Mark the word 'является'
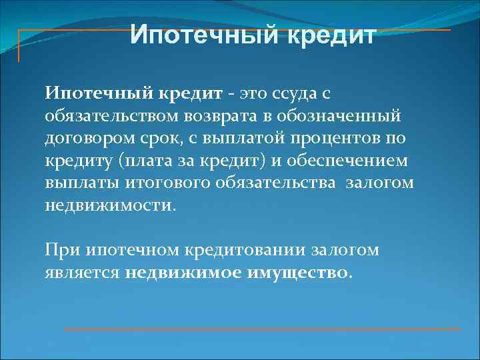point(82,273)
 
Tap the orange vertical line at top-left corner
point(19,45)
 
